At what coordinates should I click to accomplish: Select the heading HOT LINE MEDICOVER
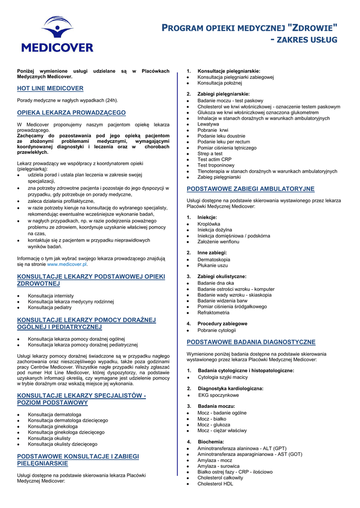50,88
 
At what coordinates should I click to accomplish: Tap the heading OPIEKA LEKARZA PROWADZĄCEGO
72,113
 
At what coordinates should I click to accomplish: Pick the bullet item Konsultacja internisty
51,296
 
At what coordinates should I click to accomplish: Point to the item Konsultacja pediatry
50,308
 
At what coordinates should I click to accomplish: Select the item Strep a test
210,154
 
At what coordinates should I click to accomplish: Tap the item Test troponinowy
216,165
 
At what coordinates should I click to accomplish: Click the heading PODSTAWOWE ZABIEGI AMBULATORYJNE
250,189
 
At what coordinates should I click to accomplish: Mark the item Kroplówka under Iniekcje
209,224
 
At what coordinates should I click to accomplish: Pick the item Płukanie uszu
213,265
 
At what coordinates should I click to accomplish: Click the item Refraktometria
214,313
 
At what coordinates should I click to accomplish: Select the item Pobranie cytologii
216,330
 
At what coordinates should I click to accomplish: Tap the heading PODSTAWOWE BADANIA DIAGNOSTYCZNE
251,342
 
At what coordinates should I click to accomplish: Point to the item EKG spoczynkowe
218,395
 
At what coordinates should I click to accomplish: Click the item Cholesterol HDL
216,484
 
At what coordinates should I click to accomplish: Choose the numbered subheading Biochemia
211,442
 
